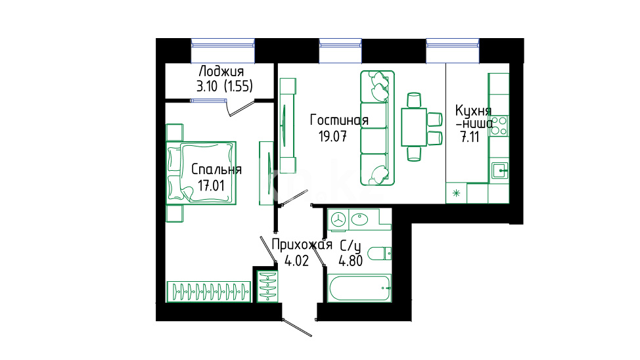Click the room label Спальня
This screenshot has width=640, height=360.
click(216, 169)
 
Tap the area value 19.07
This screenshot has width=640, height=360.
click(332, 137)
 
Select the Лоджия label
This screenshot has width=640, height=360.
click(221, 72)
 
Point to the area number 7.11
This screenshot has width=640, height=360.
click(470, 137)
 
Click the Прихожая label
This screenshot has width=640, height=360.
click(302, 244)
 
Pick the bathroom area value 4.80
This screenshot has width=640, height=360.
click(351, 261)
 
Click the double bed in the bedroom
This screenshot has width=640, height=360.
click(201, 173)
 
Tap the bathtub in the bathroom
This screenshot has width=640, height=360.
click(359, 288)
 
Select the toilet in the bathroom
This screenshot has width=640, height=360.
click(380, 254)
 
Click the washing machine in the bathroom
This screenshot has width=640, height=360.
click(338, 220)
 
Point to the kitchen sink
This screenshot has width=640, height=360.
click(499, 170)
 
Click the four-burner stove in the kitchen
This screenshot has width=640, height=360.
click(499, 125)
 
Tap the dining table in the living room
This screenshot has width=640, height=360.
click(414, 127)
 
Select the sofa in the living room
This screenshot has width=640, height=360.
click(377, 128)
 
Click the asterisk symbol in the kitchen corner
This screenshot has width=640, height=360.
click(456, 193)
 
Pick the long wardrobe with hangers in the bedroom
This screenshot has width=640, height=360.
click(208, 292)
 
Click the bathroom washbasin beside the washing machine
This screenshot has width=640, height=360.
click(359, 219)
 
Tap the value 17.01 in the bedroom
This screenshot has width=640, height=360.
click(211, 186)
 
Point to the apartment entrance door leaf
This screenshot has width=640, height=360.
click(297, 328)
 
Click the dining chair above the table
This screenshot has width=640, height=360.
click(414, 100)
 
